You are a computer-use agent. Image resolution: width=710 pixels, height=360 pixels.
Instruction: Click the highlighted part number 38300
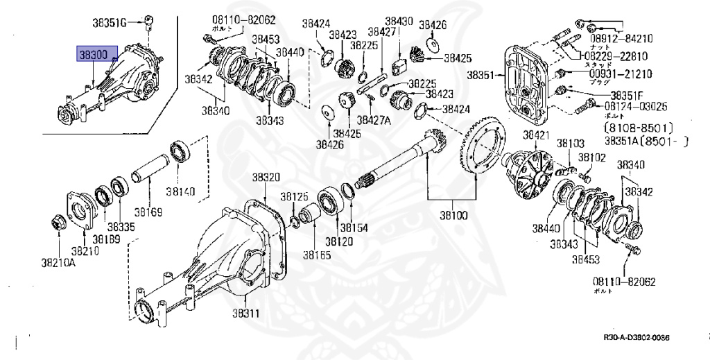click(92, 53)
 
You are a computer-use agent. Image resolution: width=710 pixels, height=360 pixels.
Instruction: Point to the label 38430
click(399, 22)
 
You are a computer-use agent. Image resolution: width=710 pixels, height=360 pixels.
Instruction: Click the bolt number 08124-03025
click(636, 106)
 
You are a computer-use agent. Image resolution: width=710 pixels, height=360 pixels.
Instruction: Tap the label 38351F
click(627, 94)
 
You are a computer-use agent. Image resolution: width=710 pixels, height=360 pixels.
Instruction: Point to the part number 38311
click(245, 313)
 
